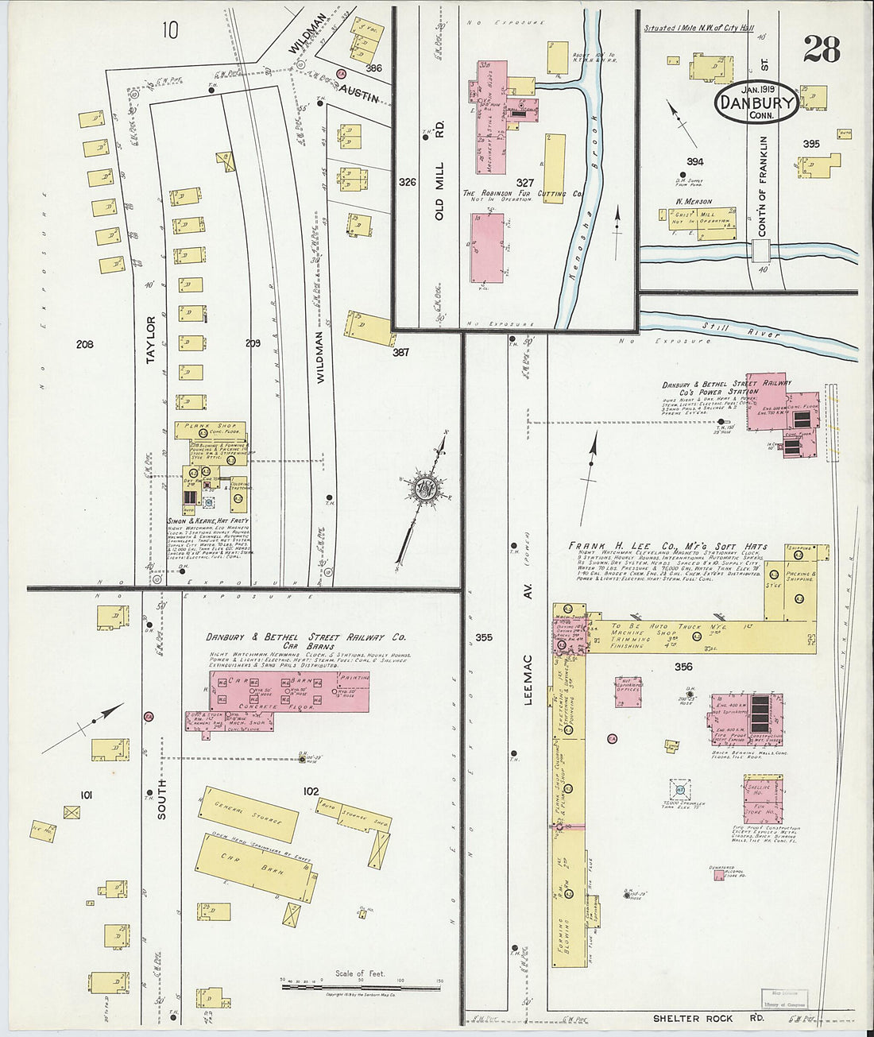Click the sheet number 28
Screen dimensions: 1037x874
click(x=821, y=49)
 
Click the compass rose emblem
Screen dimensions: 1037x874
click(x=420, y=491)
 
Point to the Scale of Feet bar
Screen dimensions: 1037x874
click(x=362, y=986)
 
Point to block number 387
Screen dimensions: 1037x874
click(x=400, y=352)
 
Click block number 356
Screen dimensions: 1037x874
click(x=683, y=667)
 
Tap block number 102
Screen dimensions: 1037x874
click(x=310, y=791)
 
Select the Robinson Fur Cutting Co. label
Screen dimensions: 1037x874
click(x=522, y=193)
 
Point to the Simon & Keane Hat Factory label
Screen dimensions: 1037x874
click(x=207, y=520)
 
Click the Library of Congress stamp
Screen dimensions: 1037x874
click(x=784, y=999)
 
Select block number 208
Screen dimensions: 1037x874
click(x=84, y=344)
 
